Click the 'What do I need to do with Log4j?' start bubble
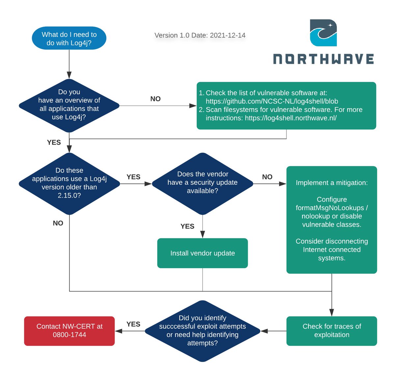click(69, 38)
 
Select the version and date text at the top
click(200, 36)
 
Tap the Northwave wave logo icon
click(323, 33)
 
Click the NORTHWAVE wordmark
click(324, 59)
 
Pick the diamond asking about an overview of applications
click(69, 105)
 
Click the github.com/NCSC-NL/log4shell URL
click(272, 101)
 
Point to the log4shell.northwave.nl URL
click(291, 118)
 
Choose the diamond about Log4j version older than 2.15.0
click(69, 183)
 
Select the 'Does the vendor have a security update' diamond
click(202, 183)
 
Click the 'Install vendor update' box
click(202, 253)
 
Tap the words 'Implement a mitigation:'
click(332, 183)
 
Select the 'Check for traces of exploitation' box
click(332, 331)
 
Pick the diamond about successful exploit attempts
click(202, 331)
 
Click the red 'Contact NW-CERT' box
click(69, 331)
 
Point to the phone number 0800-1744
click(69, 335)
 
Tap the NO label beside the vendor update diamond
click(267, 177)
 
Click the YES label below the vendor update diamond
click(187, 226)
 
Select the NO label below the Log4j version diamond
click(58, 223)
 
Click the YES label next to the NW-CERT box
click(133, 324)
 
